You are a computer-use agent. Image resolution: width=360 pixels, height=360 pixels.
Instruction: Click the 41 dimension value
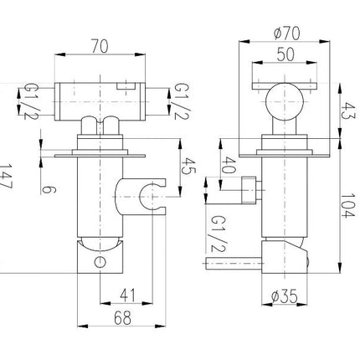point(128,296)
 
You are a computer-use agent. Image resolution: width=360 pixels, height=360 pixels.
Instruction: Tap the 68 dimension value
point(122,318)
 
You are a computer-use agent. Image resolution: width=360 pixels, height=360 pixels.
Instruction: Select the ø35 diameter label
point(285,296)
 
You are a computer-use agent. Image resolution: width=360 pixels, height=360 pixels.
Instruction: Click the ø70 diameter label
point(287,33)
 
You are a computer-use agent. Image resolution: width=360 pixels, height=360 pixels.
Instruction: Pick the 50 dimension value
point(285,54)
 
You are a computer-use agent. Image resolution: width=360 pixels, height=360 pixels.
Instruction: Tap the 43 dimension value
point(347,111)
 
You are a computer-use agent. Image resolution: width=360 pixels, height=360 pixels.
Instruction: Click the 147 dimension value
point(5,177)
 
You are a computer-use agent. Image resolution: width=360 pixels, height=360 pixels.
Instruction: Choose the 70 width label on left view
point(100,46)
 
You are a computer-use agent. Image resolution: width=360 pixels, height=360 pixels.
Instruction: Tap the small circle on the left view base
point(100,262)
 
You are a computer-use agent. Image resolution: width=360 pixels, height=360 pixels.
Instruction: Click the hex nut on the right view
point(249,190)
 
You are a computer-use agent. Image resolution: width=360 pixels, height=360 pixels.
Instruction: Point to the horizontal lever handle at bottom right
point(234,263)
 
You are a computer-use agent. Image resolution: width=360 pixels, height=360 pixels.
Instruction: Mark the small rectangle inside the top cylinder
point(126,86)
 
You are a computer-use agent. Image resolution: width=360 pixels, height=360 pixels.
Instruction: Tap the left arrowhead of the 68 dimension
point(82,326)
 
